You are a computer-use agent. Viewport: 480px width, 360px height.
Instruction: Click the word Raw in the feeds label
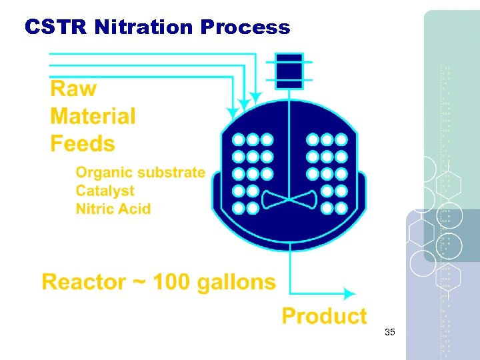pos(73,89)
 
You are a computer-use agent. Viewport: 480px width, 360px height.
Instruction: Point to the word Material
pos(93,116)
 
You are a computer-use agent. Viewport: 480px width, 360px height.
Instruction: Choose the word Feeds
pos(83,143)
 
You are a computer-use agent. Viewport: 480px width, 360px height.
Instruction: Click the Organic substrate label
pos(140,173)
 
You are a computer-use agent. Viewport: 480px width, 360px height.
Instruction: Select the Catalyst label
pos(105,191)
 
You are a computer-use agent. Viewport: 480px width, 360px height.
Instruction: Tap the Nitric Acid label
pos(113,209)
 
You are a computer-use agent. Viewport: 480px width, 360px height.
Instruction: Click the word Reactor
pos(84,282)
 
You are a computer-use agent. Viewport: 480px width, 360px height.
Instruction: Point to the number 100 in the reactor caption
pos(174,282)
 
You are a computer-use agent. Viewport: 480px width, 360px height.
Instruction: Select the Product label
pos(324,315)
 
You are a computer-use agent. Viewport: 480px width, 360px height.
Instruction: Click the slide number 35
pos(390,332)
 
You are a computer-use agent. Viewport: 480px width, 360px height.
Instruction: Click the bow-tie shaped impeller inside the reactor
pos(289,199)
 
